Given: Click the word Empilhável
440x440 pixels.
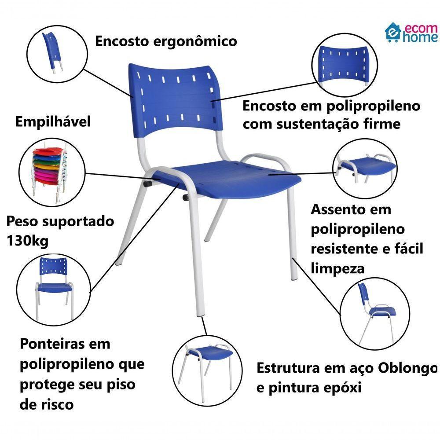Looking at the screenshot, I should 53,121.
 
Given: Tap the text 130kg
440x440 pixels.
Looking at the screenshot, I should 27,241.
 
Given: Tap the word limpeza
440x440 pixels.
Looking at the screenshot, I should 338,268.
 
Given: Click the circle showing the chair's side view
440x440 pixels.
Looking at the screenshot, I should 375,313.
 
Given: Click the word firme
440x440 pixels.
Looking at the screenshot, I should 380,124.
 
